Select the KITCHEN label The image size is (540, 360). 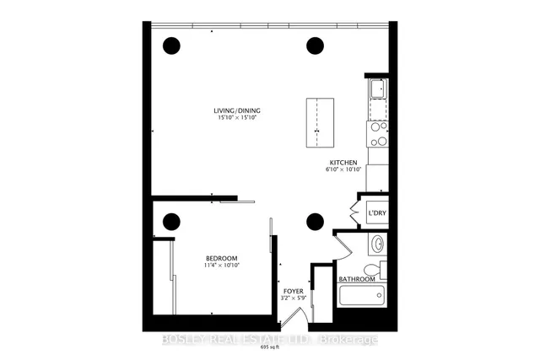pos(343,162)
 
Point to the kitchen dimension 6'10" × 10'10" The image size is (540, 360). pos(343,170)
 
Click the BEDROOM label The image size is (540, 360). pos(221,258)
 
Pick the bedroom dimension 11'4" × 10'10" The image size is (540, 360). pos(221,266)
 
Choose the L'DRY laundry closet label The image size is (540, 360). pos(376,213)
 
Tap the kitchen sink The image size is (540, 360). pos(377,89)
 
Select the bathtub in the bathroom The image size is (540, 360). pos(360,296)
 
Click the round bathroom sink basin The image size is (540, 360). pos(379,244)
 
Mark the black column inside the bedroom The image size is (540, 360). pos(171,222)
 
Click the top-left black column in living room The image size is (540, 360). pos(171,45)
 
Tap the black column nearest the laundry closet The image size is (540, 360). pos(315,222)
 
